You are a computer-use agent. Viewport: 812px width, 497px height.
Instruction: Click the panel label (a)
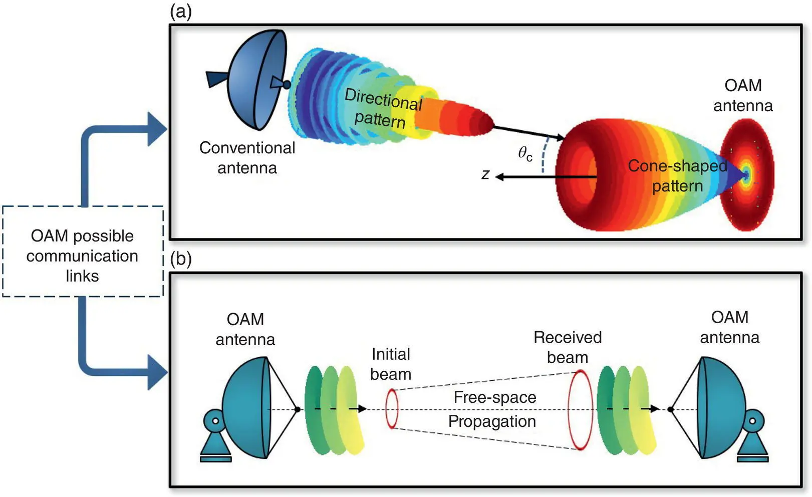181,11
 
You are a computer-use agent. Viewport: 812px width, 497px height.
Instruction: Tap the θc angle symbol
524,153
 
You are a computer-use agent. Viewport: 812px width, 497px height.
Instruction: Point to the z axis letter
485,174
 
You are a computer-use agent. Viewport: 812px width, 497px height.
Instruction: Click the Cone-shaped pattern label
677,176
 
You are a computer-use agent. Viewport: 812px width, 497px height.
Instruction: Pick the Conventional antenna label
247,157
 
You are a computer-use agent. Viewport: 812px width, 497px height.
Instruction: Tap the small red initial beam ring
392,409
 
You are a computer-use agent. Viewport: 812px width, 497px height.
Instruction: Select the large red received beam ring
581,410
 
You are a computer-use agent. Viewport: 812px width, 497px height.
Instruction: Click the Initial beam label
391,364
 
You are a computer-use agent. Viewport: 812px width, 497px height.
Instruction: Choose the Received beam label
568,347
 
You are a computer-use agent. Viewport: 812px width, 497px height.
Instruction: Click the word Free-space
495,397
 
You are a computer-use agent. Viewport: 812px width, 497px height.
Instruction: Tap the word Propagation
492,421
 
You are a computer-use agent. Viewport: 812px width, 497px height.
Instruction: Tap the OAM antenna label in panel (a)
743,95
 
